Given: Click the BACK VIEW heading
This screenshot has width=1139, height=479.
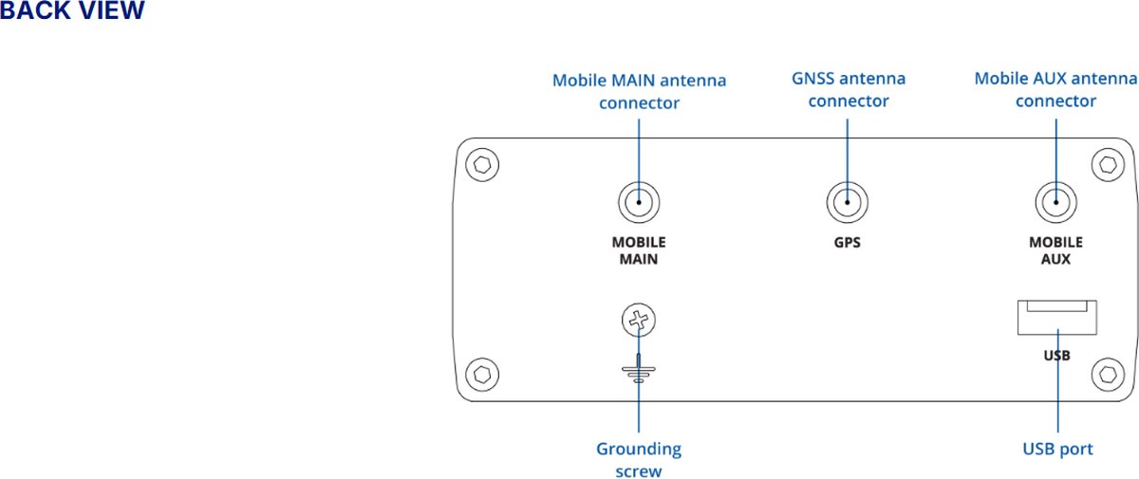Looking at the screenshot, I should pyautogui.click(x=72, y=12).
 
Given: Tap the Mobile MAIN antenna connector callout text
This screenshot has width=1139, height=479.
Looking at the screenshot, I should pyautogui.click(x=639, y=91).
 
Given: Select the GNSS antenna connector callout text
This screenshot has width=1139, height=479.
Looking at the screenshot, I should pyautogui.click(x=849, y=89).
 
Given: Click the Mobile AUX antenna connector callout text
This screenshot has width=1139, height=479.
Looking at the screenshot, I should pyautogui.click(x=1055, y=89).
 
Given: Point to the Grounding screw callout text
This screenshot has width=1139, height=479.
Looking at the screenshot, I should pyautogui.click(x=639, y=459).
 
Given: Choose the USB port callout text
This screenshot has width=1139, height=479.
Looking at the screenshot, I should pyautogui.click(x=1057, y=449).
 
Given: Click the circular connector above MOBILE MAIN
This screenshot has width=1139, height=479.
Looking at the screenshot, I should pyautogui.click(x=639, y=202).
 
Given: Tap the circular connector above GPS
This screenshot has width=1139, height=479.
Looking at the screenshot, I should pyautogui.click(x=848, y=202).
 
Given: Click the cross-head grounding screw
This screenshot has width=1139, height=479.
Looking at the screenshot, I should pyautogui.click(x=639, y=322).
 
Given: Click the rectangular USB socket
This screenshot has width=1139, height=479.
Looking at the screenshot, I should pyautogui.click(x=1057, y=317).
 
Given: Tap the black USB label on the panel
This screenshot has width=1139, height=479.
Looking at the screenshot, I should pyautogui.click(x=1056, y=356).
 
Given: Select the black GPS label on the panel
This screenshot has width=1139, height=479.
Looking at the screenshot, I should pyautogui.click(x=848, y=242).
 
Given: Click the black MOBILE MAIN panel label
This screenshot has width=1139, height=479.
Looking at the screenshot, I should pyautogui.click(x=639, y=250).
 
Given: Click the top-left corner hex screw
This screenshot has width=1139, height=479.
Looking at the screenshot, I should pyautogui.click(x=484, y=164).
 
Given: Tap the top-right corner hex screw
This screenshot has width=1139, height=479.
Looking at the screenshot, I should pyautogui.click(x=1105, y=164).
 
